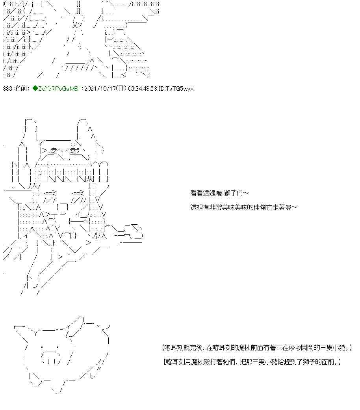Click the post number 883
click(7, 89)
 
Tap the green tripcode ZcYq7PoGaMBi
click(59, 89)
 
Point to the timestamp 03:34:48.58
click(143, 89)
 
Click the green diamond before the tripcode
click(35, 89)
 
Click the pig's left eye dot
click(42, 347)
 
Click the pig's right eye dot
click(58, 347)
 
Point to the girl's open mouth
click(62, 207)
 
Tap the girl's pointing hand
click(127, 232)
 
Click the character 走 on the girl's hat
click(54, 151)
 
